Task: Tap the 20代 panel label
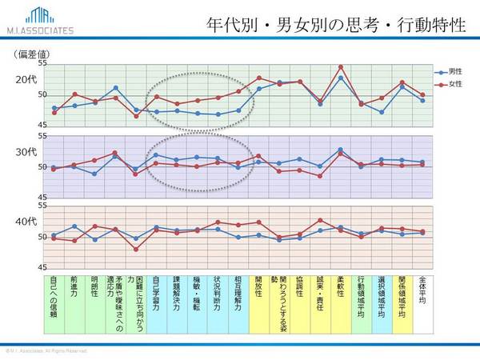[26, 80]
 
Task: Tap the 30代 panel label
[26, 151]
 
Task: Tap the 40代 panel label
[26, 220]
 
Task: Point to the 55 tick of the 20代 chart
[42, 63]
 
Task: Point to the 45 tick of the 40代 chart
[42, 267]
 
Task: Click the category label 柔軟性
[342, 289]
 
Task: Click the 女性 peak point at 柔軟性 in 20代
[341, 66]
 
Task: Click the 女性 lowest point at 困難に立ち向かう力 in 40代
[136, 249]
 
